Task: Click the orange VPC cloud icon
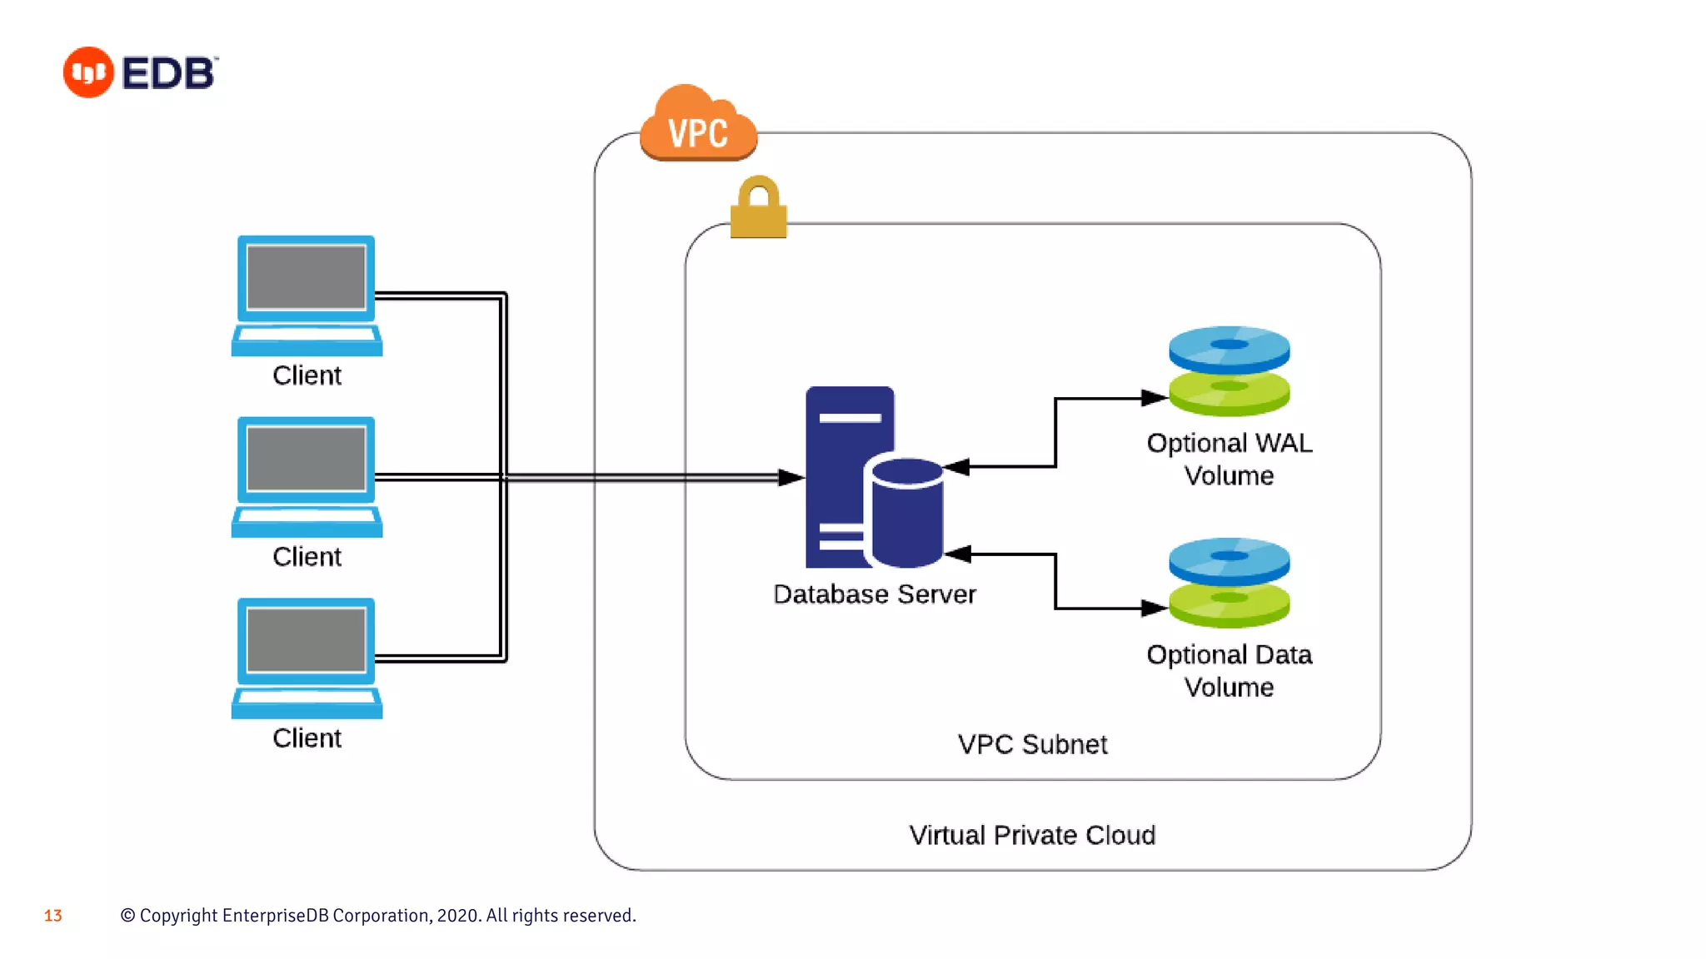pos(698,125)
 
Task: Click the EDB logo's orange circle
pos(88,72)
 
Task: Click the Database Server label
pos(874,594)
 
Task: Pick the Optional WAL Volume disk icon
pos(1229,371)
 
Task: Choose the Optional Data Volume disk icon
pos(1229,583)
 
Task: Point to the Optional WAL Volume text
pos(1229,459)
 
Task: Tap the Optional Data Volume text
pos(1229,670)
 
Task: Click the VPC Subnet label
pos(1032,744)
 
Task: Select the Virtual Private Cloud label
pos(1032,835)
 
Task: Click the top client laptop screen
pos(307,277)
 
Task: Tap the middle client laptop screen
pos(307,459)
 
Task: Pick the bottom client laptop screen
pos(307,639)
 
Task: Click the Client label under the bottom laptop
pos(307,738)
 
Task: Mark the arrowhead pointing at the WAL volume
pos(1155,399)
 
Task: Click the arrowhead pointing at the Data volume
pos(1155,609)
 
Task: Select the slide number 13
pos(53,916)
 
